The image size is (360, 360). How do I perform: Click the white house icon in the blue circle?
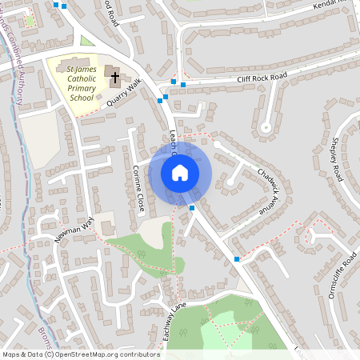coord(180,172)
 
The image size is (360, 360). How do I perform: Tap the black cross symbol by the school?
coord(114,78)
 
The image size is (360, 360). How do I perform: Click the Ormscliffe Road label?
coord(346,274)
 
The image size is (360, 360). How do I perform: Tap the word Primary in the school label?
coord(82,87)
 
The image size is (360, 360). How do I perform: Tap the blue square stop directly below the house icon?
coord(192,208)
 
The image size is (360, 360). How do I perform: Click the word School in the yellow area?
coord(82,98)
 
